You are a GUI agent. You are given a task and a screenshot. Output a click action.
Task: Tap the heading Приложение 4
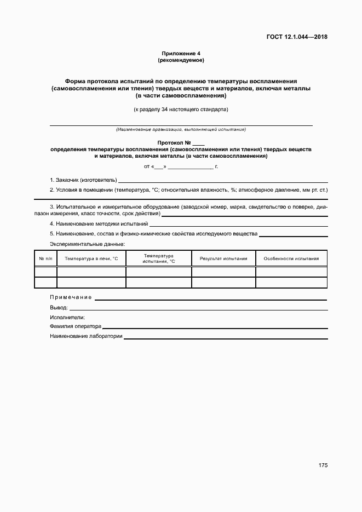(181, 53)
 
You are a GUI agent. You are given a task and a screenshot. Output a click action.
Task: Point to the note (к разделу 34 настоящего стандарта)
(181, 110)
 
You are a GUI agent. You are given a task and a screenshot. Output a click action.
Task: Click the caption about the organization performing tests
(181, 130)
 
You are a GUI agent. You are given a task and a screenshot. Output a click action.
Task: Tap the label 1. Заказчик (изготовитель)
(83, 180)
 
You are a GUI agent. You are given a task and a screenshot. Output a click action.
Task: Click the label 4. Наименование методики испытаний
(99, 224)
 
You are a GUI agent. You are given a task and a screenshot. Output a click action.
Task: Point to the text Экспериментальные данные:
(88, 244)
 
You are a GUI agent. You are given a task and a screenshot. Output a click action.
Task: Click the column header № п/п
(45, 258)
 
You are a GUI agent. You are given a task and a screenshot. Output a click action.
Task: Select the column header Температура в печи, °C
(91, 258)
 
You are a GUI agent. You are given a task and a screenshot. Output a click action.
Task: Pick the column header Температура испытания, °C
(159, 258)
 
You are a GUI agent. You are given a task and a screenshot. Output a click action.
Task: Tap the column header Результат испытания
(223, 258)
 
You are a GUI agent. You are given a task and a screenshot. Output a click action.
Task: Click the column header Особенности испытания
(291, 258)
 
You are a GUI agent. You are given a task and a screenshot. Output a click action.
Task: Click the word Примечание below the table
(71, 297)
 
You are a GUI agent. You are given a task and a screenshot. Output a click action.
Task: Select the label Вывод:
(59, 308)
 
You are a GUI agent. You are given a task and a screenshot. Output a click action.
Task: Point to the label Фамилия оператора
(76, 326)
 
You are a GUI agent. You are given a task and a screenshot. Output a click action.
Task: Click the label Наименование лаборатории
(86, 336)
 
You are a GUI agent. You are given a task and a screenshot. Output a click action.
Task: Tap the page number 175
(323, 465)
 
